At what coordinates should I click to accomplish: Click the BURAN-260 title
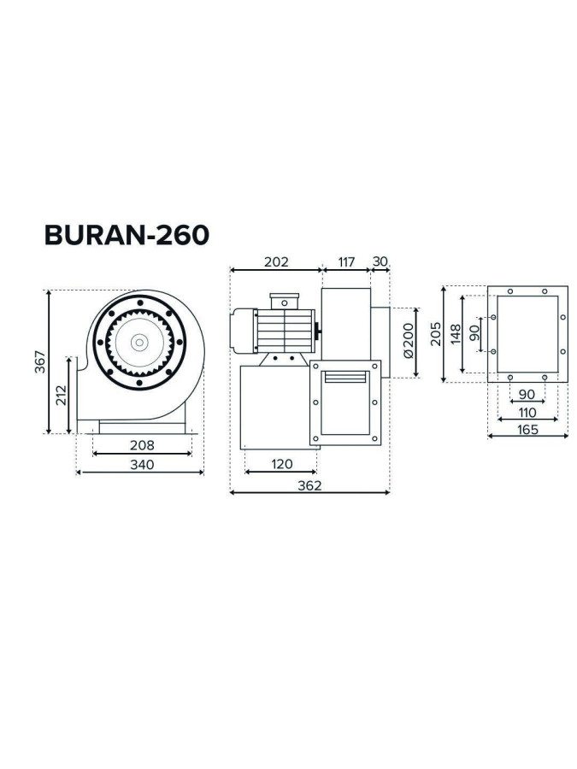127,235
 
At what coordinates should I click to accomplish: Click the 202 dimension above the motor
275,262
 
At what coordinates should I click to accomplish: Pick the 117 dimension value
345,262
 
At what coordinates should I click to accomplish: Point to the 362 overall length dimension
310,485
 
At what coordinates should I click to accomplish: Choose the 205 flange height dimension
436,334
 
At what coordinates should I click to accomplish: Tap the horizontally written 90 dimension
527,394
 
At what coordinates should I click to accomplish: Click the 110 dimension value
527,412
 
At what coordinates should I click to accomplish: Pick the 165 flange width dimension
527,429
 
